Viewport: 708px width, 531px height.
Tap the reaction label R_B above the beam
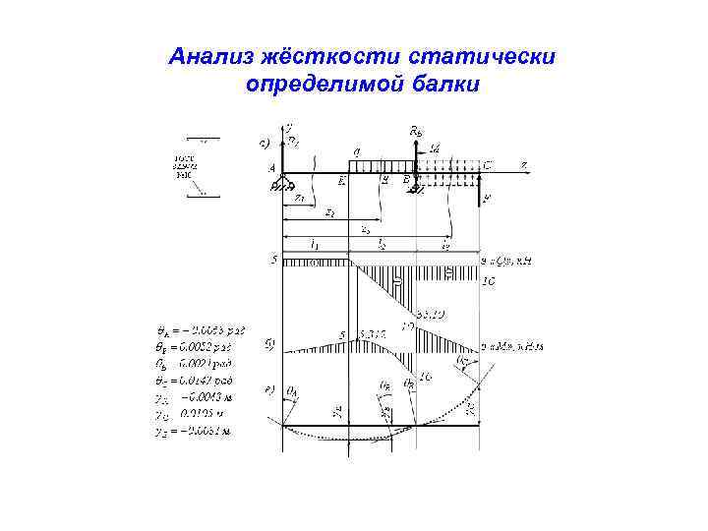pos(415,131)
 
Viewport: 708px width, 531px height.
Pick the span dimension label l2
pos(383,243)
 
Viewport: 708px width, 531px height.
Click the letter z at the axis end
pos(524,164)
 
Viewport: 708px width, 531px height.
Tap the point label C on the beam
pos(488,164)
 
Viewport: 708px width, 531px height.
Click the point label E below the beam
pos(342,182)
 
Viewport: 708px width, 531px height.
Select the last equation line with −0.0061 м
pos(199,430)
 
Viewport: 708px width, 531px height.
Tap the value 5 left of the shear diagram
pos(274,261)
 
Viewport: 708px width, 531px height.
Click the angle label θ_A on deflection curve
pos(292,390)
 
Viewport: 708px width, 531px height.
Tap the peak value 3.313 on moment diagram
pos(373,334)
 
